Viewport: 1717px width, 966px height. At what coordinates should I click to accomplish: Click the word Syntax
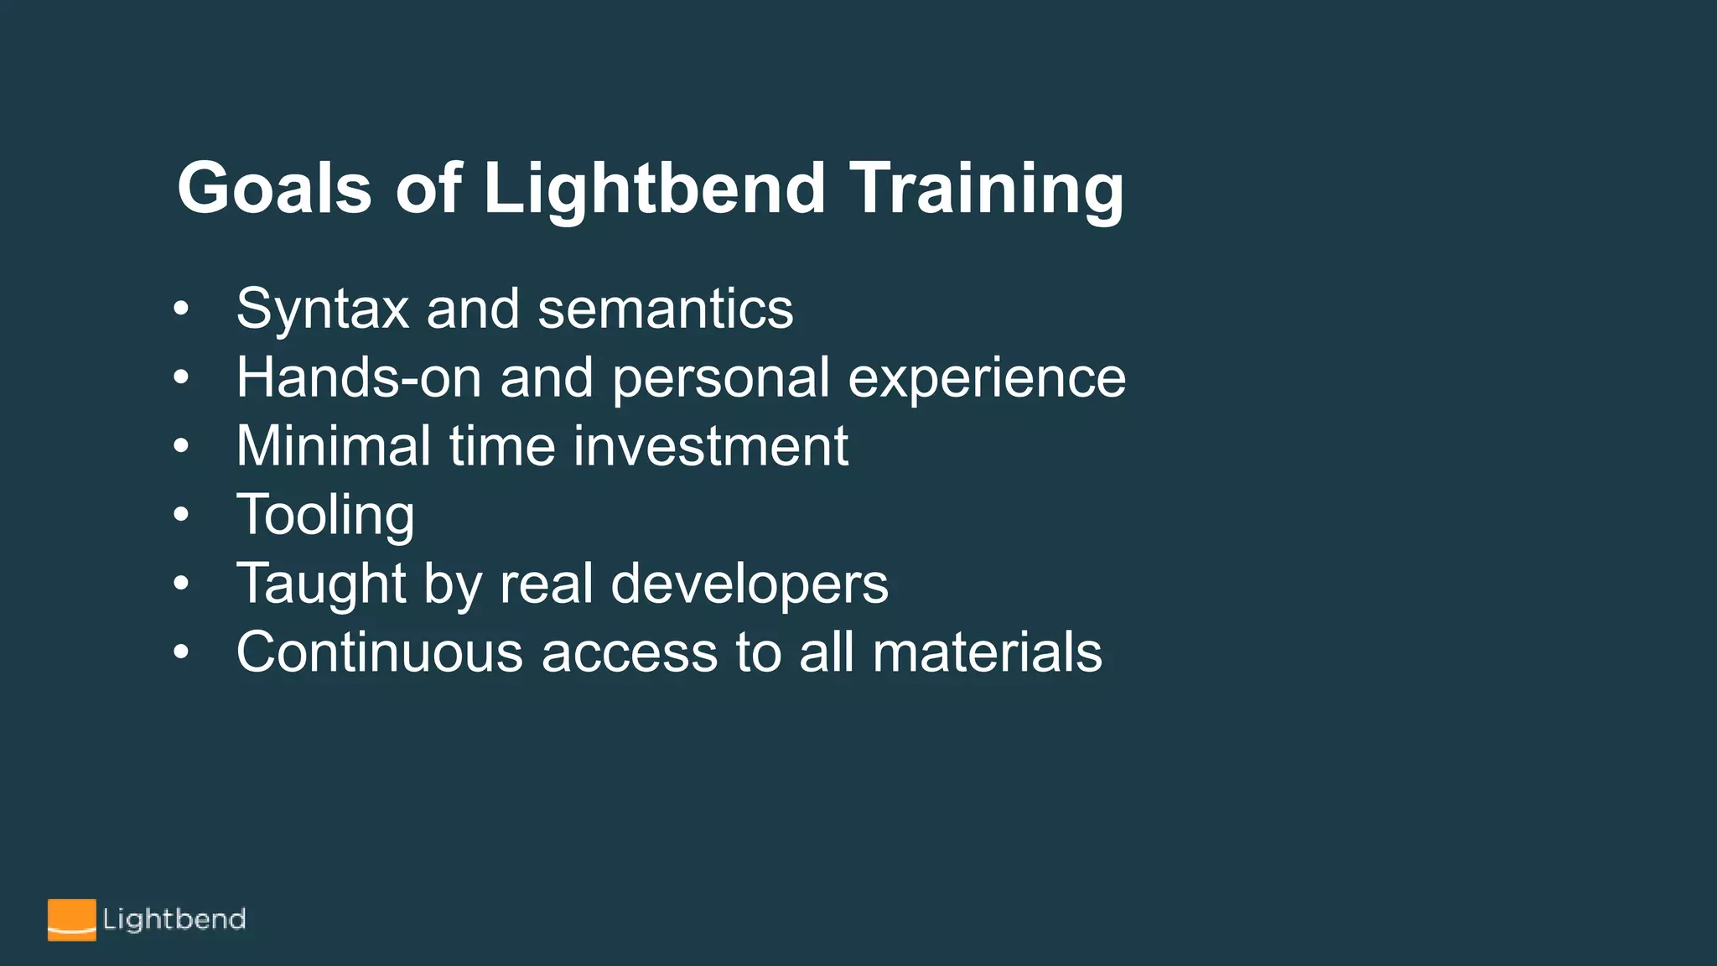(322, 310)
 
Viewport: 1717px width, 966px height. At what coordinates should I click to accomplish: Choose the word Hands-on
(359, 377)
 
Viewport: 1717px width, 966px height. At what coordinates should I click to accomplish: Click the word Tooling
(325, 515)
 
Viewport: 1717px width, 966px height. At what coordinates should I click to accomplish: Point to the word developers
(749, 584)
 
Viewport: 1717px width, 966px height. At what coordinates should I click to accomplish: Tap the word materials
(987, 652)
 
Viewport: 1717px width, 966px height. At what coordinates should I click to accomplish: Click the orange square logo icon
(71, 920)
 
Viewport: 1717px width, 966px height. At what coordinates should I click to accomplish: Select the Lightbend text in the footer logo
(174, 920)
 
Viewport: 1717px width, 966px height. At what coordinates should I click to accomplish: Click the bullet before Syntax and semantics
(181, 309)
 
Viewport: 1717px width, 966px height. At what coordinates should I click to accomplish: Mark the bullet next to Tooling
(181, 515)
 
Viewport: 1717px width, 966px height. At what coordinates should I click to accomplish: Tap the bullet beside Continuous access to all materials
(181, 652)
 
